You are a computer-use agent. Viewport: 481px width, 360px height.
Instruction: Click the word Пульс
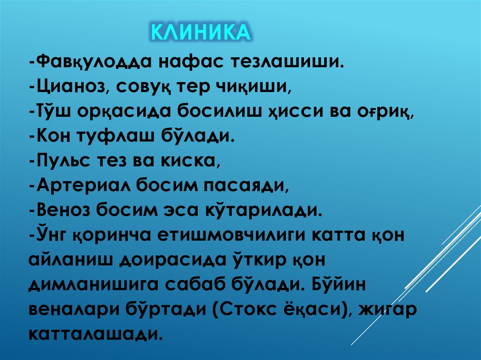(60, 162)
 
